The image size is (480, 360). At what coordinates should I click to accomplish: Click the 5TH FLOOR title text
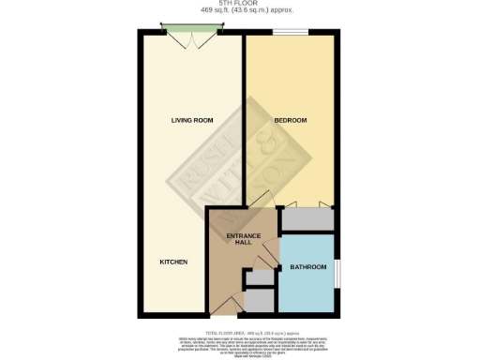[240, 3]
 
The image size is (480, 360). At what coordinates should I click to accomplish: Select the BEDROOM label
[291, 121]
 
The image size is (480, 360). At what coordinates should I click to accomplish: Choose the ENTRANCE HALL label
[240, 238]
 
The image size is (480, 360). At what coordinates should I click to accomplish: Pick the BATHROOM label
[308, 267]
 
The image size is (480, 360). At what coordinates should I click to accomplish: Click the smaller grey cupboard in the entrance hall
[256, 277]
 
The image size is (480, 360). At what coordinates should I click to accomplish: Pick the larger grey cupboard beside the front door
[259, 301]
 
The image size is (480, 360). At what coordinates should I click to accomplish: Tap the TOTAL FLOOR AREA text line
[240, 332]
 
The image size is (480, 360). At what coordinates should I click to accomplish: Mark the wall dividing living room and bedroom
[244, 122]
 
